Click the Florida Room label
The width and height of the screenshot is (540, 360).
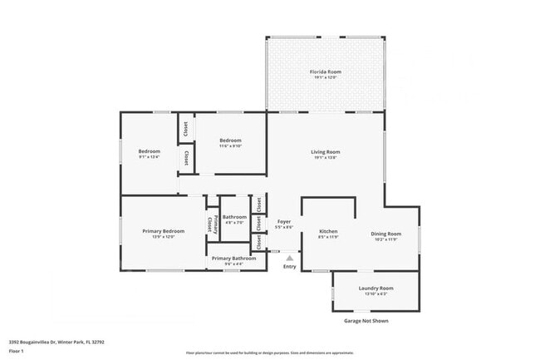click(x=326, y=72)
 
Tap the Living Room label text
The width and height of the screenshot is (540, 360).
click(x=326, y=151)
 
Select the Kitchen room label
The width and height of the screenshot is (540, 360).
click(x=328, y=231)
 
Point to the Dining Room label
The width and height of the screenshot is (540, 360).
click(x=385, y=234)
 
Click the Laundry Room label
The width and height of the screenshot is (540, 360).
click(x=376, y=288)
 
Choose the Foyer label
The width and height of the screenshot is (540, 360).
click(x=284, y=222)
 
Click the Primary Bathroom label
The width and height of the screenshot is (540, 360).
click(x=233, y=259)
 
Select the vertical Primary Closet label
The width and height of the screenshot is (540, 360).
click(x=211, y=224)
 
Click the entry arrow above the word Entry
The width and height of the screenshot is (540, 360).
click(x=289, y=258)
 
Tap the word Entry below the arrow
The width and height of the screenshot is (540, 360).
click(x=289, y=266)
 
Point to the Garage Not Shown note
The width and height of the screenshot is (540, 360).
click(x=366, y=321)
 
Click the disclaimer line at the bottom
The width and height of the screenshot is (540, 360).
click(x=269, y=353)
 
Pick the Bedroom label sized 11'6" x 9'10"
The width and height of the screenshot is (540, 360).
click(x=230, y=141)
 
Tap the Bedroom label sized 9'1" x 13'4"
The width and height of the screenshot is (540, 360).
click(x=150, y=150)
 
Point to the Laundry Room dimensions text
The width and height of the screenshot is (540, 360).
click(x=376, y=294)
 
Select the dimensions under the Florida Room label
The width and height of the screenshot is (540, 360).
click(x=326, y=78)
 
